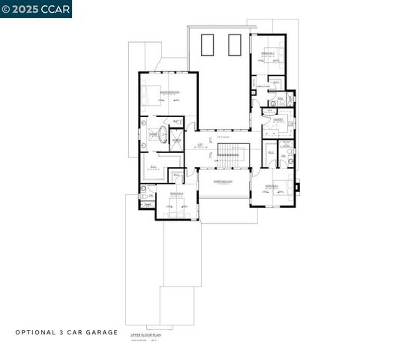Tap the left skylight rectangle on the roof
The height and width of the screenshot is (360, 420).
coord(211,46)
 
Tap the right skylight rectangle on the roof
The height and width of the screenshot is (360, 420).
coord(234,46)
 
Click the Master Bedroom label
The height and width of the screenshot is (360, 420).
coord(169,91)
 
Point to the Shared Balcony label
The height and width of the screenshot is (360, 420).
coord(223,181)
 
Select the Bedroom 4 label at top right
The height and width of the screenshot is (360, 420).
coord(268,54)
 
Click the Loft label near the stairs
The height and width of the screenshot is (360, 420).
coord(200,144)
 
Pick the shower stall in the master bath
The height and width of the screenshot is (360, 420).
coord(177,141)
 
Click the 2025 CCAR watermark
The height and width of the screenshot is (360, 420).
coord(36,8)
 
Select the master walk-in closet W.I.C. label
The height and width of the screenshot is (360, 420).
coord(153,167)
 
